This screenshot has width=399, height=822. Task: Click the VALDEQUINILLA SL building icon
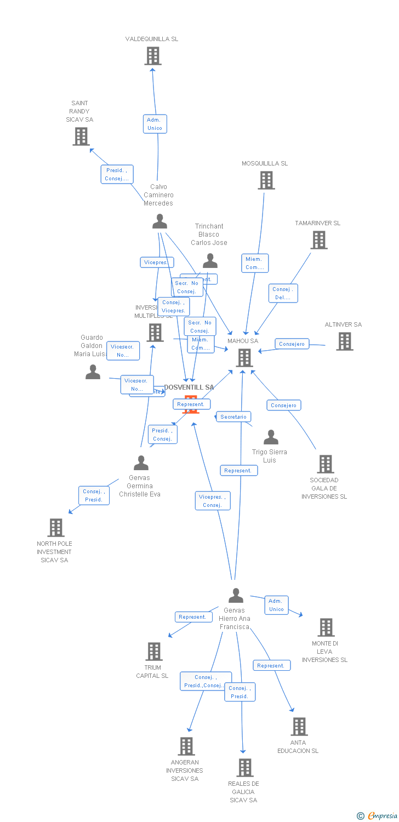(153, 56)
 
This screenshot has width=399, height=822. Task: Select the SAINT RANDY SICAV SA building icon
(81, 136)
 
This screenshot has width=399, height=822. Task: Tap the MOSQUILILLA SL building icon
(266, 180)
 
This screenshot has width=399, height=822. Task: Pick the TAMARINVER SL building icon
(318, 240)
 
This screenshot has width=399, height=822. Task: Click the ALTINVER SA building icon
(344, 341)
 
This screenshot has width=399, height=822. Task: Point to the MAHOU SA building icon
(244, 358)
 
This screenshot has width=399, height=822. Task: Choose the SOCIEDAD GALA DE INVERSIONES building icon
(326, 464)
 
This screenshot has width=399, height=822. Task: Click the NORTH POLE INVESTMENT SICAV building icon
(55, 528)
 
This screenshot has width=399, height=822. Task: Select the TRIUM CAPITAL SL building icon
(154, 652)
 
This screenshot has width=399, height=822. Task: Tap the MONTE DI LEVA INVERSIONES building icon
(326, 627)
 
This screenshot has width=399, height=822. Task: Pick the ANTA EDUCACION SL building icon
(299, 727)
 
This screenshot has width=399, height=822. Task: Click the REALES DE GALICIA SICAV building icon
(244, 768)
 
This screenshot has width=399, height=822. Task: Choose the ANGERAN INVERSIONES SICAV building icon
(186, 746)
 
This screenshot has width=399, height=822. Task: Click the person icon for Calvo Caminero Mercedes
(159, 221)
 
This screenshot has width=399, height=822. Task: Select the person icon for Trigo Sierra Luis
(271, 437)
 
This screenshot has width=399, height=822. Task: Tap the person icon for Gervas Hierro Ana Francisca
(236, 595)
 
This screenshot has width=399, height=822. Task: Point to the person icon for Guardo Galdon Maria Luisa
(93, 372)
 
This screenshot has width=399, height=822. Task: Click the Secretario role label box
(233, 417)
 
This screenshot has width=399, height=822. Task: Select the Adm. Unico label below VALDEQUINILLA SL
(155, 124)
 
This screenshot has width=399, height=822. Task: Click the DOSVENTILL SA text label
(189, 387)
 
